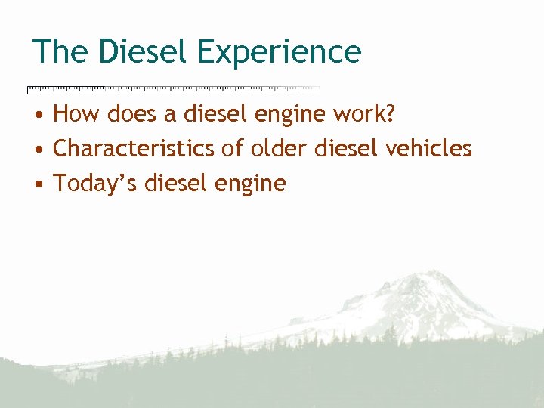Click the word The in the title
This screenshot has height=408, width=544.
click(x=60, y=52)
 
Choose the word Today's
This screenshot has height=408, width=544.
click(x=93, y=184)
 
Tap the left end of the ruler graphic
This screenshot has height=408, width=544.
click(x=29, y=89)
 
